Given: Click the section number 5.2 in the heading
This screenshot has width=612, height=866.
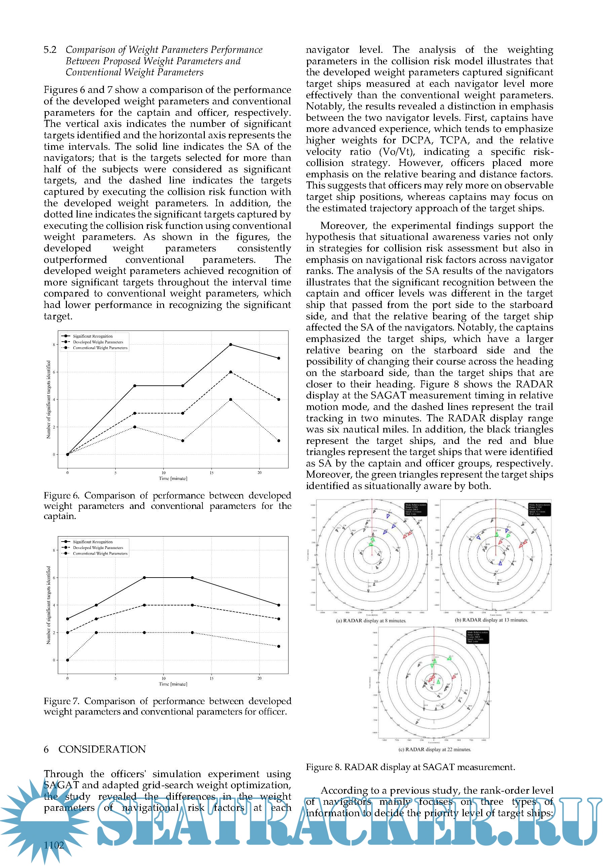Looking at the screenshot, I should point(50,50).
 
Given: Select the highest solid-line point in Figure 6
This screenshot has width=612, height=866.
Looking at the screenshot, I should point(231,344).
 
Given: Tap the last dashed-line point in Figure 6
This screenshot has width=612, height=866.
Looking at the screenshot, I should point(278,400).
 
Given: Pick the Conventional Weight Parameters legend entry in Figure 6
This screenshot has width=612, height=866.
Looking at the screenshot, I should point(100,348).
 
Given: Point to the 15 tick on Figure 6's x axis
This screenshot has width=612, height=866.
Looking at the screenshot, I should point(212,473).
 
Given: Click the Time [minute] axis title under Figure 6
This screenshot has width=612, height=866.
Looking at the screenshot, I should point(173,478).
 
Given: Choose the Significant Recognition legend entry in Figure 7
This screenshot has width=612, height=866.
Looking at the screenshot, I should point(92,542).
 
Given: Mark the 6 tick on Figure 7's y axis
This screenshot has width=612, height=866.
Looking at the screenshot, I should point(54,578).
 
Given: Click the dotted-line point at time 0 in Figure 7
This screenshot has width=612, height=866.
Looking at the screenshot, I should point(68,660).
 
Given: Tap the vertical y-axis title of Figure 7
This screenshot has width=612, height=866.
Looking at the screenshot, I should point(48,605).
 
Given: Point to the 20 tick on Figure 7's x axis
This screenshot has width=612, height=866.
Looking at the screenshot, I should point(259,678).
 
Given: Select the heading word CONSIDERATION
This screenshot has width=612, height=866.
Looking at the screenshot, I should point(102,749).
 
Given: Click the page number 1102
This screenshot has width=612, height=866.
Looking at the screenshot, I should point(54,845).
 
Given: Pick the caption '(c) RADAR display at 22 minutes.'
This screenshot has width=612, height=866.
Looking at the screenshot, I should point(434,750).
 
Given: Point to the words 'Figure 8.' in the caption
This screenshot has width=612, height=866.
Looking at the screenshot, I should point(323,767).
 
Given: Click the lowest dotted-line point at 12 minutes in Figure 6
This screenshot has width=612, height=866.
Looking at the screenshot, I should point(183,441).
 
